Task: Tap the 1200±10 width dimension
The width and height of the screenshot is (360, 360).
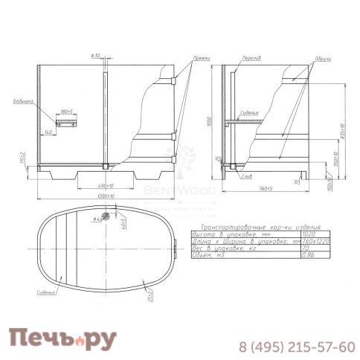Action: [107, 196]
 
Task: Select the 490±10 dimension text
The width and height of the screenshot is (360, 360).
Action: [107, 184]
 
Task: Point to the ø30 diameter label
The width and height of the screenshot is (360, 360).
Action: [95, 57]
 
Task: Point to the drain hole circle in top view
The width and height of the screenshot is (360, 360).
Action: [107, 216]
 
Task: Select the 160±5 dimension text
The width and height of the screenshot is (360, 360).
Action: [65, 112]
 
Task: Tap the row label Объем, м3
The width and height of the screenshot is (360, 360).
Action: [209, 254]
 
